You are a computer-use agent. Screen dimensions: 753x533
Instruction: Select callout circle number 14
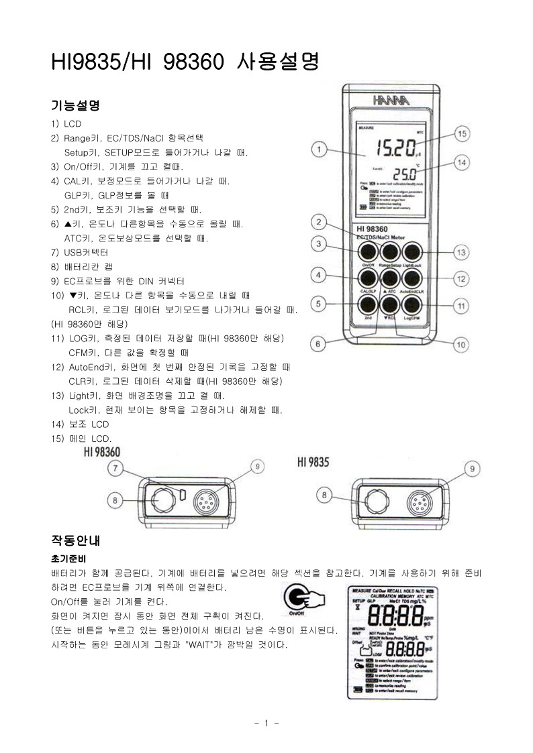461,162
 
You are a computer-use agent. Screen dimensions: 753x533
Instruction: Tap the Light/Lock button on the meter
411,252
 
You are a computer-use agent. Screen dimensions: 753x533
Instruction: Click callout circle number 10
461,345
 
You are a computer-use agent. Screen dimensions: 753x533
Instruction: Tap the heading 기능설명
75,105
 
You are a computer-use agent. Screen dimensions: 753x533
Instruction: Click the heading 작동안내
75,540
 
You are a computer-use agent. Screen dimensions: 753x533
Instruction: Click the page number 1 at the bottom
266,723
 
